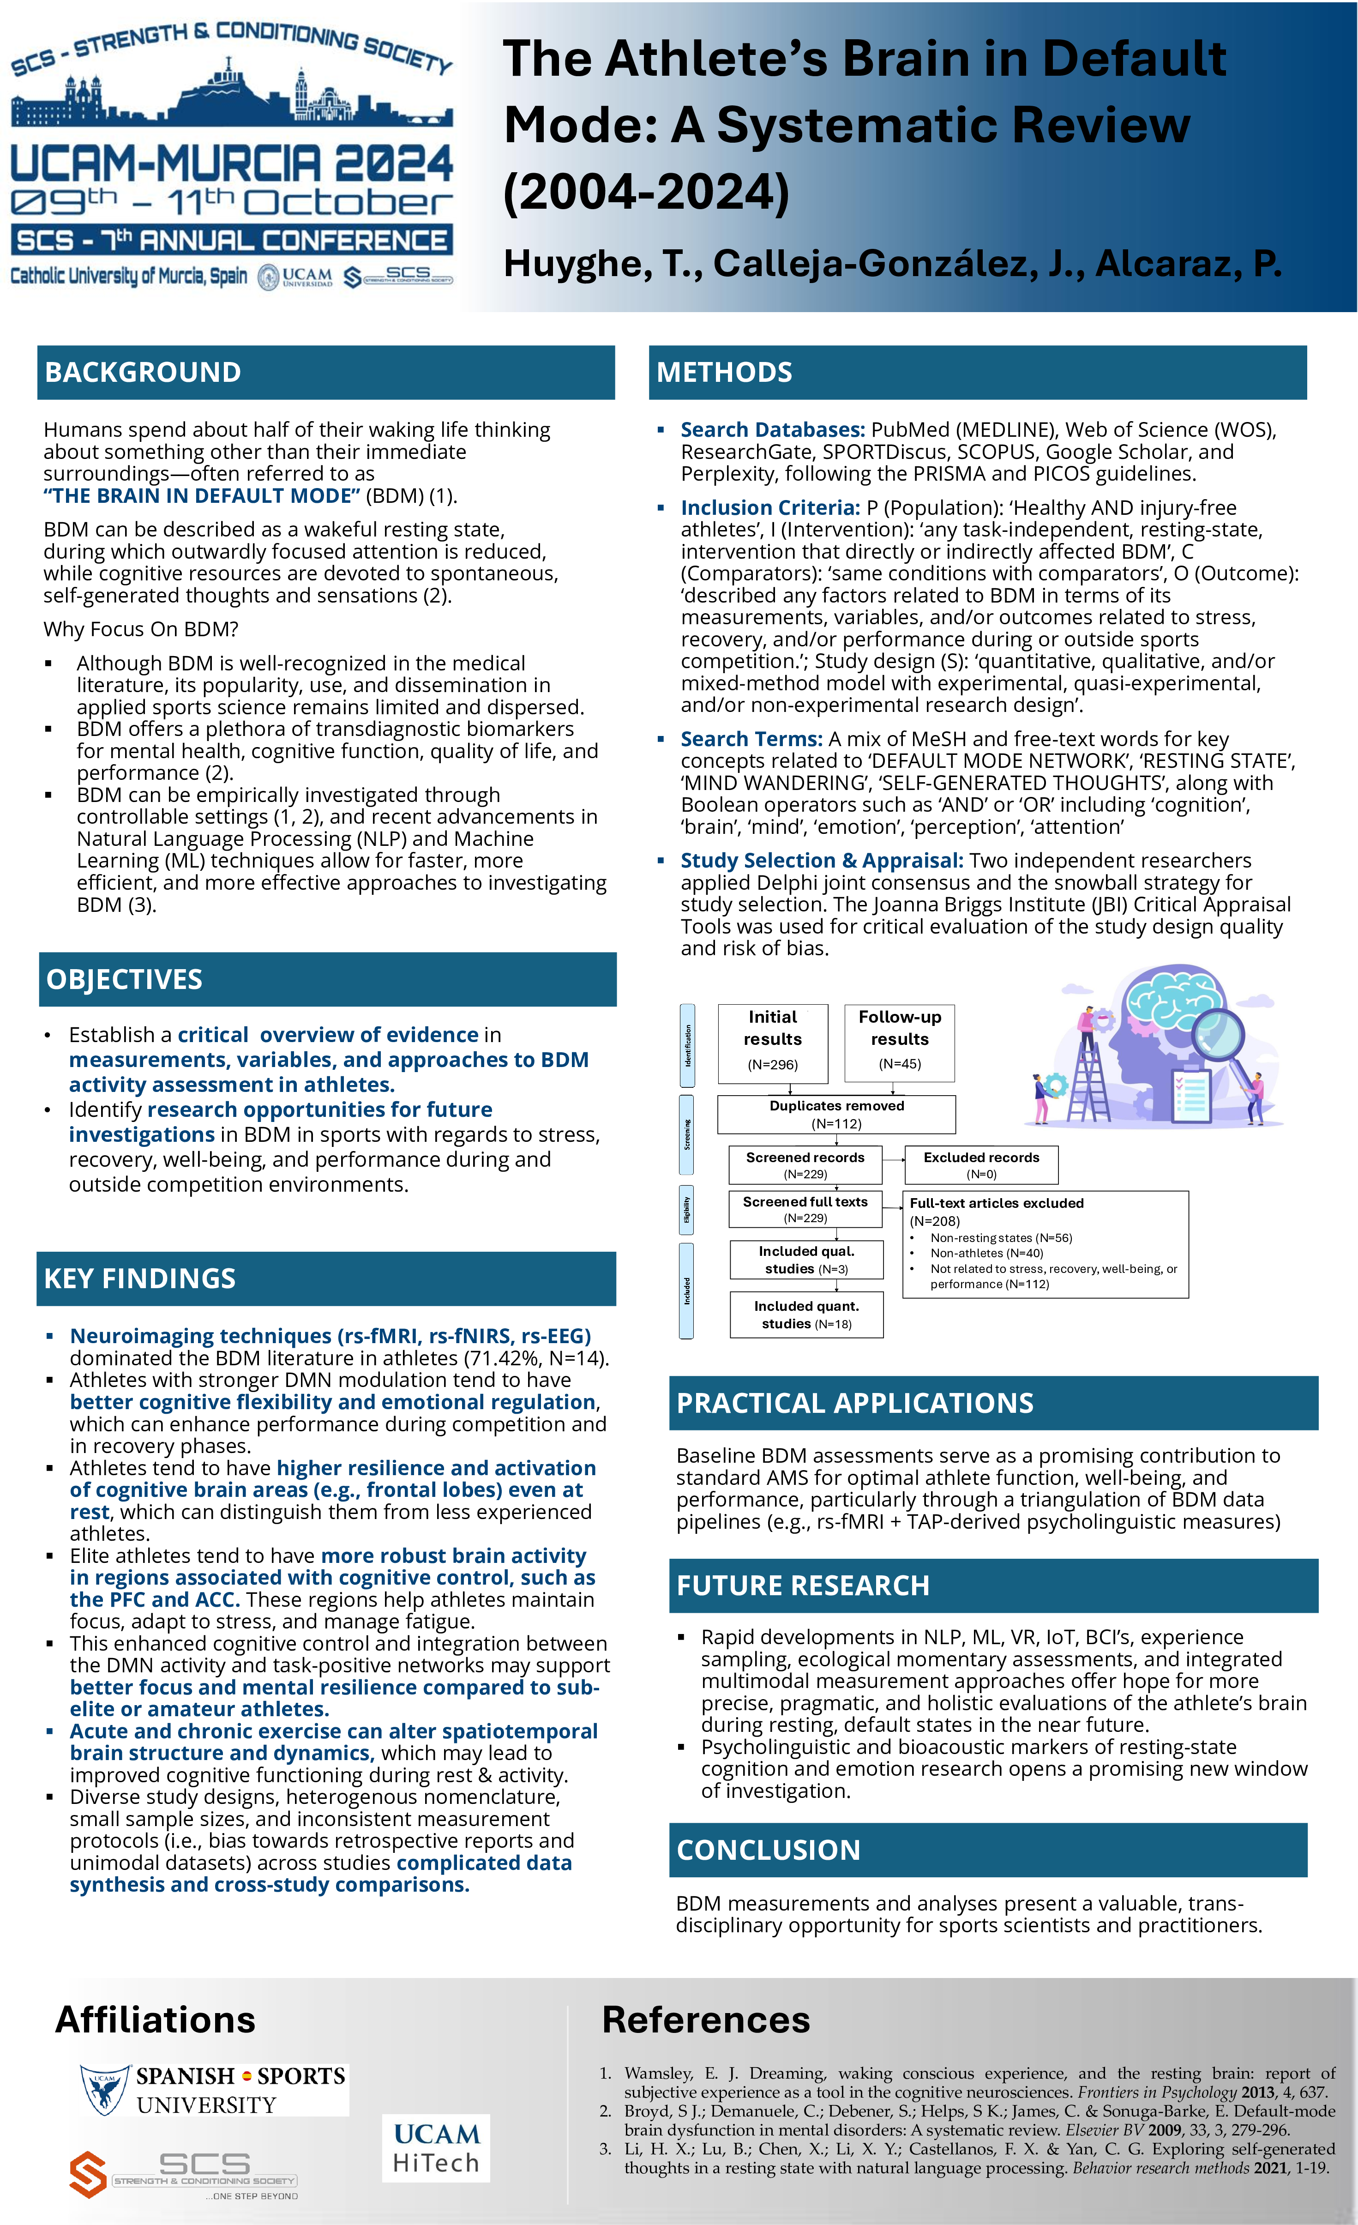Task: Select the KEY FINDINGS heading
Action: (x=140, y=1278)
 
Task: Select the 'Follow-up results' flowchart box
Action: (x=899, y=1042)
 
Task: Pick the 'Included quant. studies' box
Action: (x=806, y=1315)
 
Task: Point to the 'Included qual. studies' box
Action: (x=806, y=1260)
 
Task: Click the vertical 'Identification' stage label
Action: (x=687, y=1045)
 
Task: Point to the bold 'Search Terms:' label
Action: (x=751, y=739)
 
